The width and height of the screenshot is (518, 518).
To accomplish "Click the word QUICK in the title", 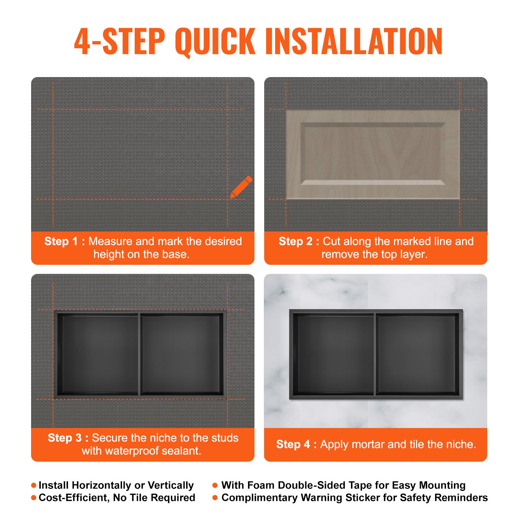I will pyautogui.click(x=215, y=41).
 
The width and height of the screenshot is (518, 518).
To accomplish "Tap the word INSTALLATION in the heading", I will pyautogui.click(x=354, y=41).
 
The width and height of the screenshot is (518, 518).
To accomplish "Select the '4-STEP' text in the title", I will pyautogui.click(x=120, y=41).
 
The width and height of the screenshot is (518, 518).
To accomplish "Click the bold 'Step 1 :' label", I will pyautogui.click(x=64, y=241).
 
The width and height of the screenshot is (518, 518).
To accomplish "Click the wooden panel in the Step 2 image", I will pyautogui.click(x=373, y=154).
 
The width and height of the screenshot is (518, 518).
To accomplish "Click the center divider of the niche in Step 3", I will pyautogui.click(x=139, y=354).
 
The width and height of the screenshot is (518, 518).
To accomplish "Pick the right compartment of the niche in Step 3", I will pyautogui.click(x=180, y=355).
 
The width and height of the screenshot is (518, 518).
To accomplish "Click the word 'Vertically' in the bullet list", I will pyautogui.click(x=171, y=485).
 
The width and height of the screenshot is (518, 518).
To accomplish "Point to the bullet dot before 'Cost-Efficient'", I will pyautogui.click(x=34, y=498).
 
